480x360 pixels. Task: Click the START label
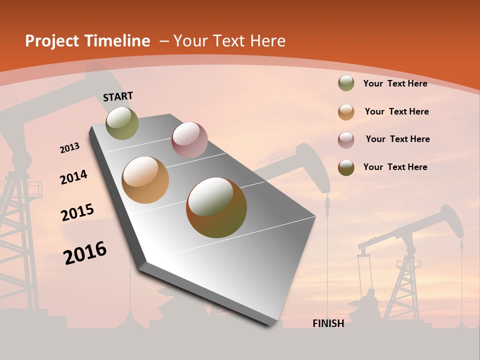pyautogui.click(x=118, y=96)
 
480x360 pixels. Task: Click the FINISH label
pyautogui.click(x=328, y=323)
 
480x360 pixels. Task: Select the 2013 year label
pyautogui.click(x=69, y=147)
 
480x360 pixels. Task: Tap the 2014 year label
pyautogui.click(x=73, y=177)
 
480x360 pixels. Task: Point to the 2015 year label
pyautogui.click(x=77, y=212)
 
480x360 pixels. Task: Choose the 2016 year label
pyautogui.click(x=85, y=253)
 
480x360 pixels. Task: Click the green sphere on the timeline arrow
pyautogui.click(x=122, y=123)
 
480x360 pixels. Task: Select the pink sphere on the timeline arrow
pyautogui.click(x=189, y=139)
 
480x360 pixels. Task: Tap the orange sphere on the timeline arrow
pyautogui.click(x=145, y=179)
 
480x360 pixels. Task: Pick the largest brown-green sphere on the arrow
pyautogui.click(x=216, y=207)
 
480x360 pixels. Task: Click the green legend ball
pyautogui.click(x=346, y=83)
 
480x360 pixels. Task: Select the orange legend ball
pyautogui.click(x=346, y=112)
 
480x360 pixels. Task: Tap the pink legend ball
pyautogui.click(x=346, y=140)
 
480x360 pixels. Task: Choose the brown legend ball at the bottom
pyautogui.click(x=346, y=167)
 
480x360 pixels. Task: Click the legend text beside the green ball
pyautogui.click(x=395, y=83)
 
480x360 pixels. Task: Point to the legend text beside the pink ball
pyautogui.click(x=397, y=139)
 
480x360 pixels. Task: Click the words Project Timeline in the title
pyautogui.click(x=87, y=41)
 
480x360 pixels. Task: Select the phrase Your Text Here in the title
pyautogui.click(x=229, y=41)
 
